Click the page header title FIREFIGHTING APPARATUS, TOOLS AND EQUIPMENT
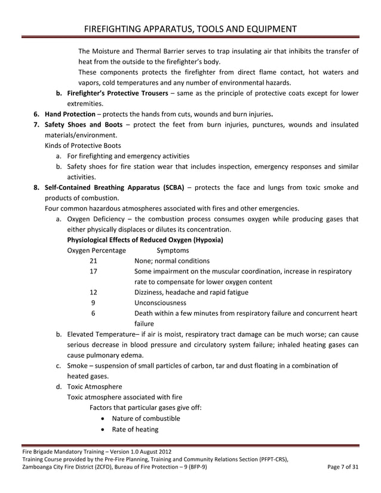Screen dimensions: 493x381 click(190, 29)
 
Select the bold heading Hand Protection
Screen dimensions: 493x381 click(70, 114)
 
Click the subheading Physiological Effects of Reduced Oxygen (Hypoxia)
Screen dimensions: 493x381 click(145, 240)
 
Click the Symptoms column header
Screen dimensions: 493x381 click(173, 250)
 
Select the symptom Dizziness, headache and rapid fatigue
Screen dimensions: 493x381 click(191, 292)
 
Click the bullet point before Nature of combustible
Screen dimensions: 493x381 click(105, 418)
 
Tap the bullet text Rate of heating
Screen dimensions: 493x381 click(135, 429)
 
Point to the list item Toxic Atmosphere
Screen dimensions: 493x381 click(94, 387)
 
